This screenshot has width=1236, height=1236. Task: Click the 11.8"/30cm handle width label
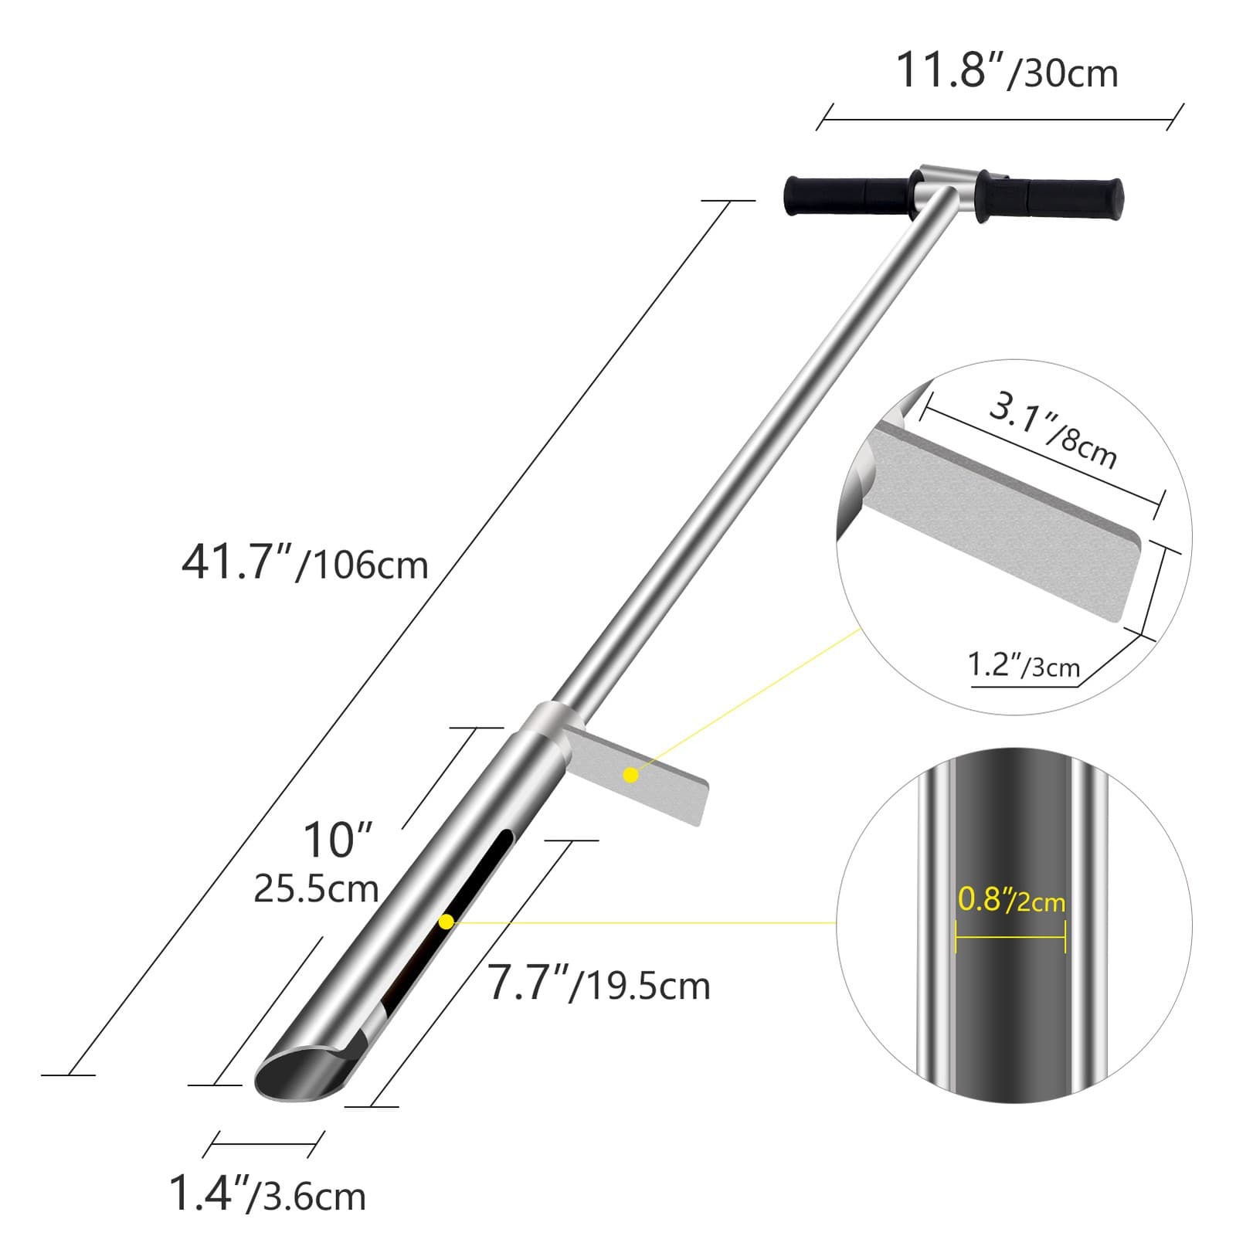[x=1006, y=71]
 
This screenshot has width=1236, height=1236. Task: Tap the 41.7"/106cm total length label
[x=304, y=562]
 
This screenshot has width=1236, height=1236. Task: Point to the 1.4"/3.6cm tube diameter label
[x=267, y=1194]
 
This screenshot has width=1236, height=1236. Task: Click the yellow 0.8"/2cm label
[x=1011, y=900]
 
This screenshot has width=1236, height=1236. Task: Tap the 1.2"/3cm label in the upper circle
[x=1024, y=665]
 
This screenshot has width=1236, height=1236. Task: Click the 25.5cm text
[x=316, y=889]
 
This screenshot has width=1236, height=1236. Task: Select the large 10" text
[x=337, y=840]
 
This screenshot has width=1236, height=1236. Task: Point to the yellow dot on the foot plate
[x=631, y=775]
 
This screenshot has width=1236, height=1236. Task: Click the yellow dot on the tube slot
[x=446, y=922]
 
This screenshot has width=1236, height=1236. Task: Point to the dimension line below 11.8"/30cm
[x=1000, y=120]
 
